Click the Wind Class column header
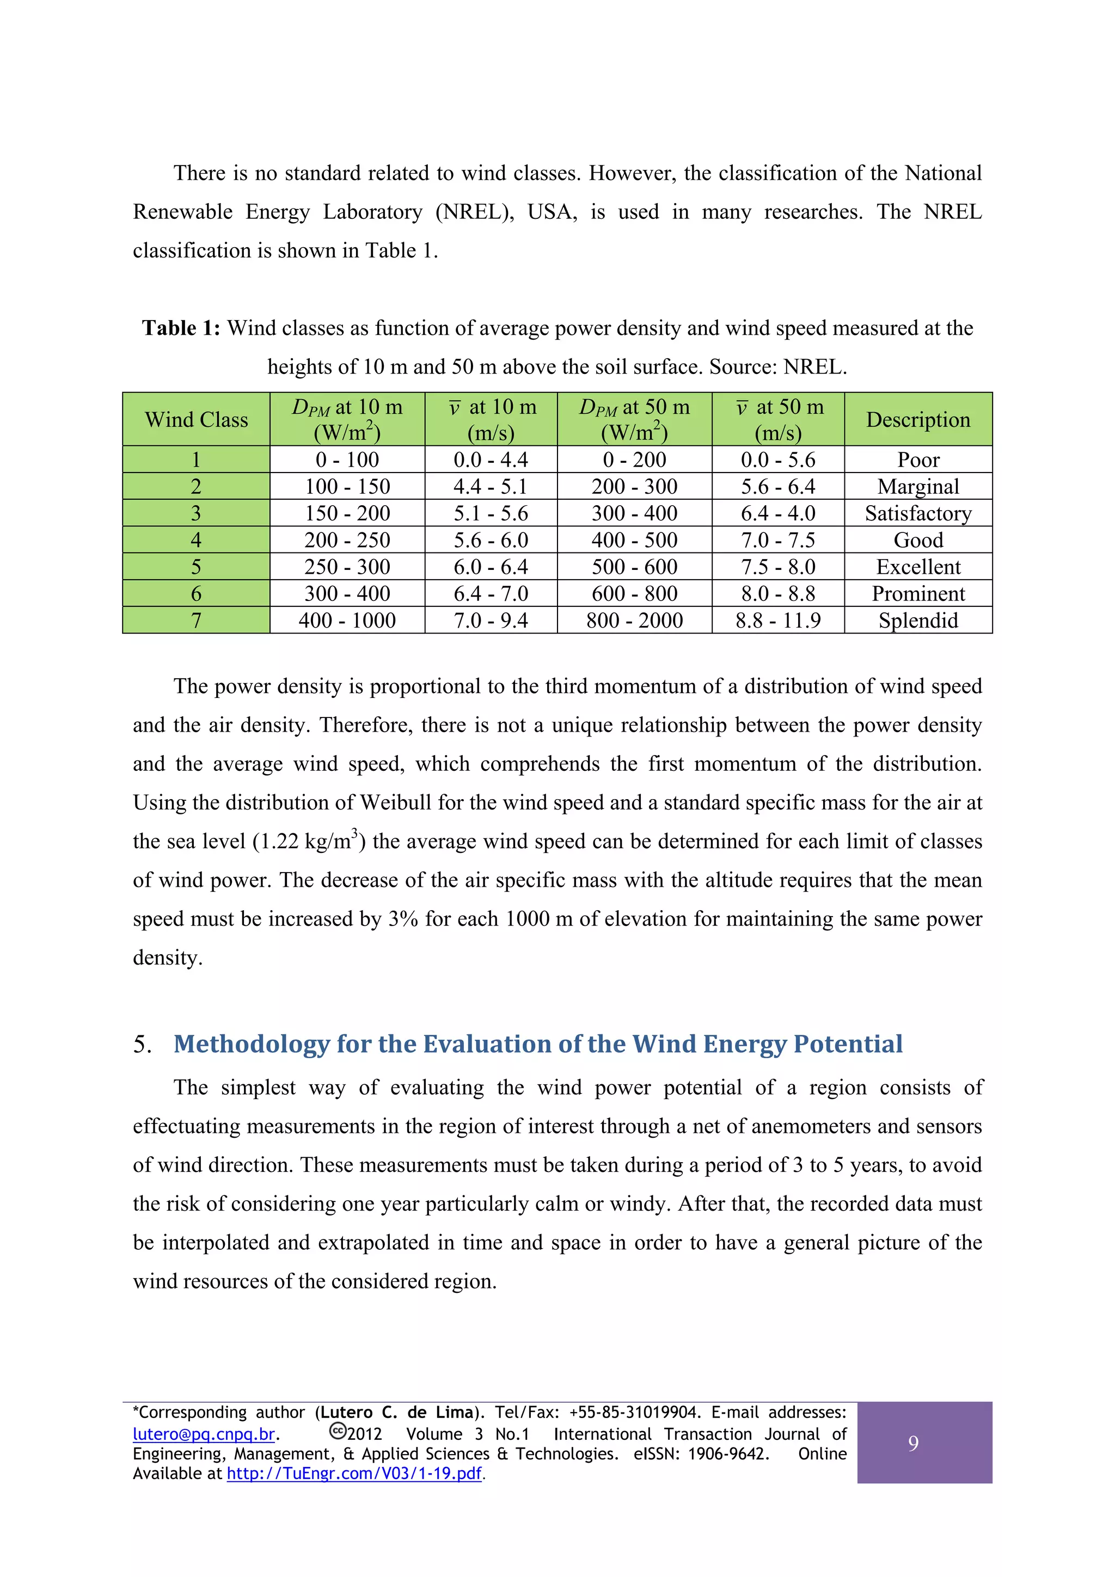196,420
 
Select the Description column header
918,420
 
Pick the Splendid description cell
918,620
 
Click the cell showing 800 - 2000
634,620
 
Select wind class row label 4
196,540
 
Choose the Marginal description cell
918,486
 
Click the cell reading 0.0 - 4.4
491,459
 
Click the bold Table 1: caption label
181,328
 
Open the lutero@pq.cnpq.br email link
204,1434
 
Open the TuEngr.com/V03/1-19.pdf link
354,1473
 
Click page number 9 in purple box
913,1443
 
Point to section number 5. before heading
142,1045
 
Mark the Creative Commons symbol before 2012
338,1431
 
